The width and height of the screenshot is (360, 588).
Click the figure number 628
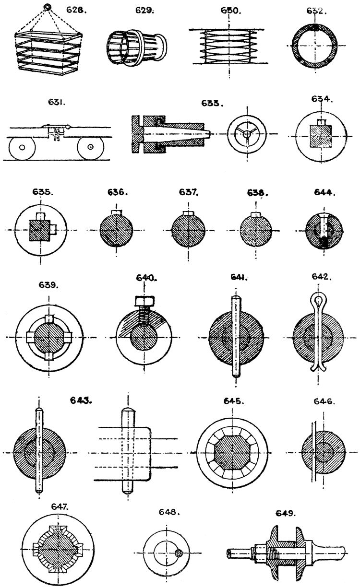click(x=75, y=9)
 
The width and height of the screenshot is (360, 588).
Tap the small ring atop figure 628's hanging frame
click(x=47, y=7)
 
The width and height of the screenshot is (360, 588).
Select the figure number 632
click(x=317, y=9)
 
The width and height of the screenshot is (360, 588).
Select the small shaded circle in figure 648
click(x=179, y=553)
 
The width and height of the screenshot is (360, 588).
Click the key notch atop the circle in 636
click(x=115, y=212)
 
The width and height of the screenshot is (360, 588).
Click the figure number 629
click(x=144, y=9)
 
